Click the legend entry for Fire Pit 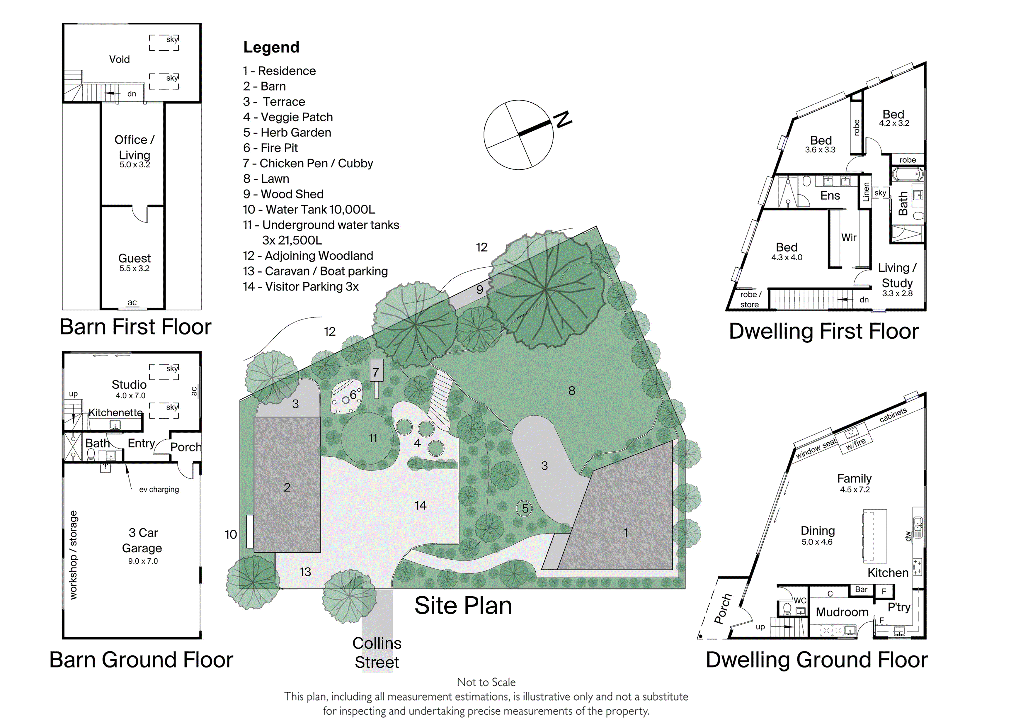[x=270, y=148]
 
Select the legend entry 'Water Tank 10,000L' [x=309, y=209]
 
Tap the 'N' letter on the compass [x=563, y=119]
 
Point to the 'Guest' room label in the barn [x=134, y=259]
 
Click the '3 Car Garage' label [x=143, y=540]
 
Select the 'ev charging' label [x=159, y=490]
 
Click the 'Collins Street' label [x=377, y=653]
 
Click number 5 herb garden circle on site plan [x=525, y=508]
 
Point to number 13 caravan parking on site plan [x=305, y=572]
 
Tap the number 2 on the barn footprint [x=287, y=488]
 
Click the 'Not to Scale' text [x=486, y=682]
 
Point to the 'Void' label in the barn [x=120, y=59]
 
